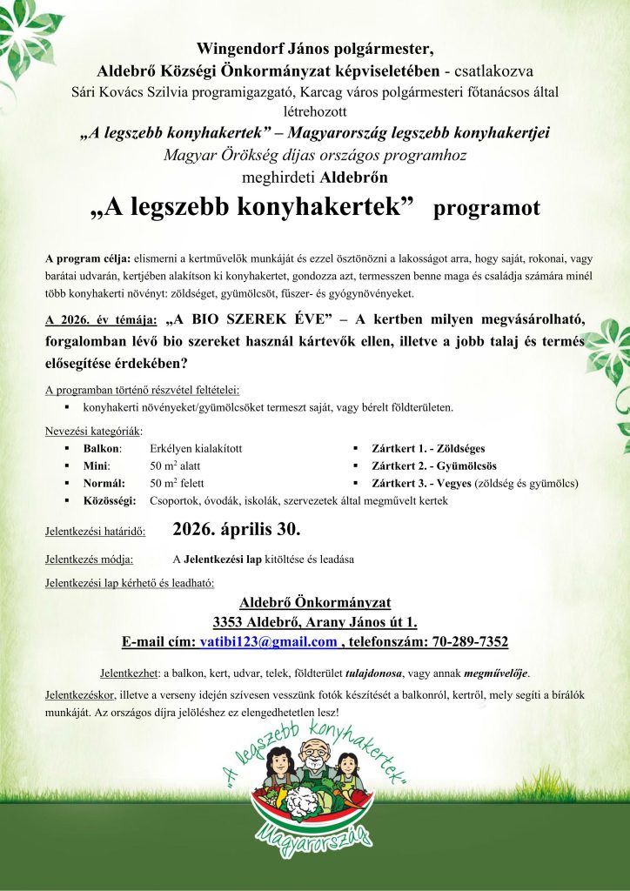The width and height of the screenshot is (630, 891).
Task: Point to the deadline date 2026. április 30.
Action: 237,528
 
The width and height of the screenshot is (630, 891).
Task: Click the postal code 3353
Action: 229,621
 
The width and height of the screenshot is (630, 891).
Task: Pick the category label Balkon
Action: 102,448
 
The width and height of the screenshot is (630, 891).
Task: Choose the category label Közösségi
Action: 110,500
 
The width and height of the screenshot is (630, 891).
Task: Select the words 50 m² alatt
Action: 175,466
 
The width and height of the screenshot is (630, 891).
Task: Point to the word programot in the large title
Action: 487,209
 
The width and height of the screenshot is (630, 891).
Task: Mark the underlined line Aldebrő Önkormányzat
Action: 314,601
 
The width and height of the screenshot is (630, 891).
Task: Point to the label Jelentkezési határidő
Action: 95,530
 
